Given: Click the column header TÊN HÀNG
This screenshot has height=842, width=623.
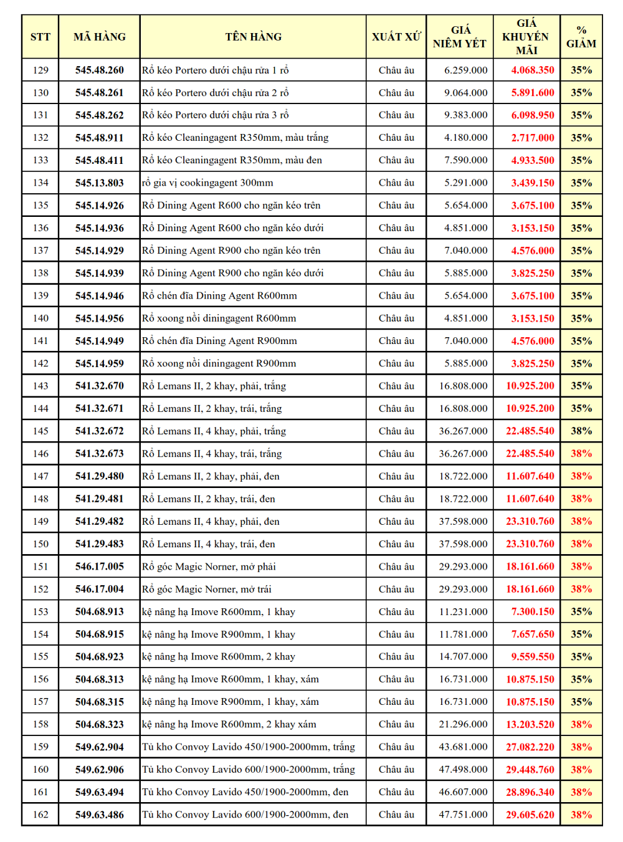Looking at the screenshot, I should coord(253,37).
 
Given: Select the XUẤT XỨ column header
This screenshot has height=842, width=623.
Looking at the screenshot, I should coord(396,37).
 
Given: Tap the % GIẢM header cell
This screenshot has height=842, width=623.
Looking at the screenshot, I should coord(581,37).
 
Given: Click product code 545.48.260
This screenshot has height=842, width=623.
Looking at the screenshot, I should coord(100,70).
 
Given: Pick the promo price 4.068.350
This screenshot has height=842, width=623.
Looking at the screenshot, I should coord(532,70).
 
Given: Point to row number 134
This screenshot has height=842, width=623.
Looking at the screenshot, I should coord(40,183).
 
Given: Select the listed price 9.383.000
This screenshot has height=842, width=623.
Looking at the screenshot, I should coord(465,115).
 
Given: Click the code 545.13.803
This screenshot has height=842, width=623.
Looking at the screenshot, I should coord(100,183).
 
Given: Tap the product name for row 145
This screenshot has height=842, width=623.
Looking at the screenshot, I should coord(214,431).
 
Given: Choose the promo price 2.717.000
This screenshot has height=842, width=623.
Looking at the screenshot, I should coord(532,138).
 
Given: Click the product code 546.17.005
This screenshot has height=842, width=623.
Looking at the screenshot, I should coord(100,567).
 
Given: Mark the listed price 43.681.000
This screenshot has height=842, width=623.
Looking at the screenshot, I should coord(463,747).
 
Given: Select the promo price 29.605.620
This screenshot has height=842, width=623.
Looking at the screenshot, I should coord(530,815).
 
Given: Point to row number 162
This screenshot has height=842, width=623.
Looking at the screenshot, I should coord(40,815).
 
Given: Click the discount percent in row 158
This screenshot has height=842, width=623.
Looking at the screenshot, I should coord(581,725).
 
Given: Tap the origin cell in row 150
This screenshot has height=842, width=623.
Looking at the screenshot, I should coord(396,544).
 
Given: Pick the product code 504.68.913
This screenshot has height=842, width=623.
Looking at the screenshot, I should coord(100,612).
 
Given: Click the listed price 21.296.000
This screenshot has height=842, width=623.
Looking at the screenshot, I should coord(463,725).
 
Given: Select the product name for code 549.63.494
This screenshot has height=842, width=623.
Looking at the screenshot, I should coord(245,792).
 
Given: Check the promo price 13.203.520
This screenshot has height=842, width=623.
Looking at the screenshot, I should coord(530,725).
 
